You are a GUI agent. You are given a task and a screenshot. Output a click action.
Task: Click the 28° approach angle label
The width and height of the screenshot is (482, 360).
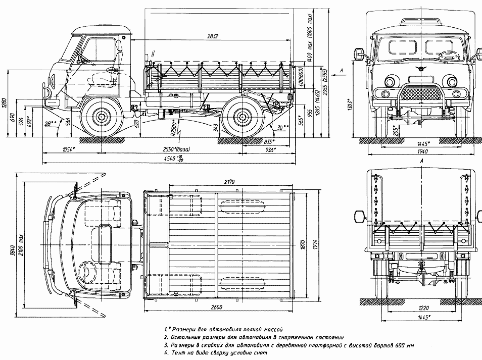[49, 124]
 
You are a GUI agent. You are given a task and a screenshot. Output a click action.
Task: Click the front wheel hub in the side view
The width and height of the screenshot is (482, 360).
[101, 117]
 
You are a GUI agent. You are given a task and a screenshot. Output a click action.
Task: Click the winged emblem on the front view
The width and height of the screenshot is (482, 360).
[420, 68]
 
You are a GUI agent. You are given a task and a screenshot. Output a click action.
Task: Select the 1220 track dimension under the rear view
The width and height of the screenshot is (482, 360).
[420, 307]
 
